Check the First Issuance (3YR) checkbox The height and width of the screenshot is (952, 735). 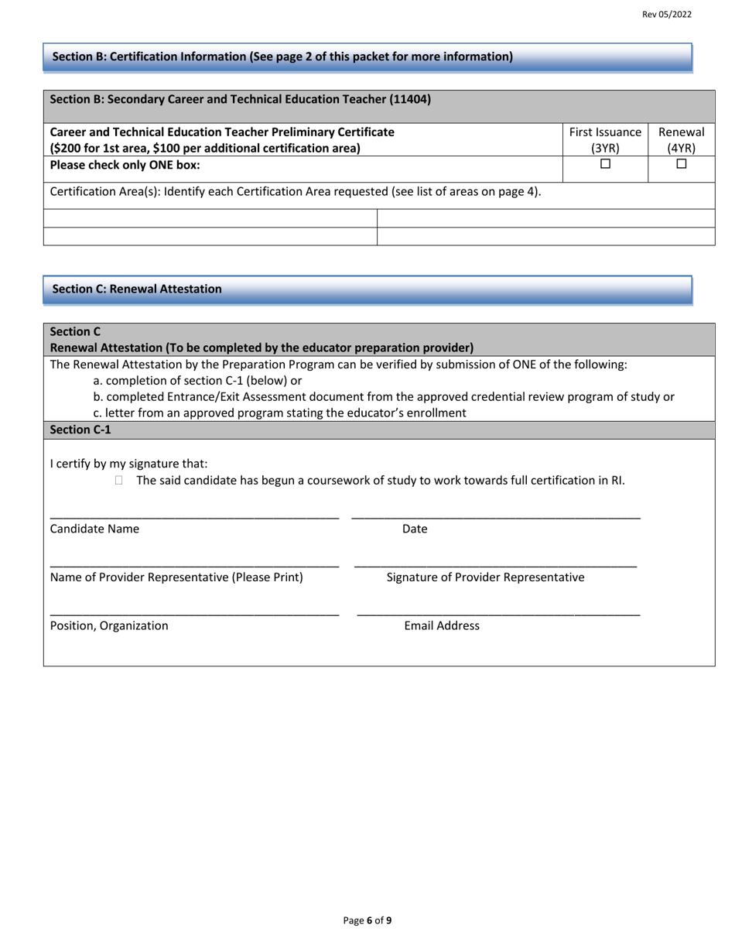click(605, 164)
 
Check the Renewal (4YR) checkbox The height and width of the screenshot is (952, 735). click(681, 164)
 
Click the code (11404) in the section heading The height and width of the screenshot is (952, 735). click(410, 99)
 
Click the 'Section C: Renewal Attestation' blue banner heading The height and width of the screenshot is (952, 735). click(137, 289)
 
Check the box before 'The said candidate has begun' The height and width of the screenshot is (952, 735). click(118, 481)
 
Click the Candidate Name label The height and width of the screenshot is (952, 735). click(94, 529)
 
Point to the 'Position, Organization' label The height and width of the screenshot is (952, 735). click(108, 625)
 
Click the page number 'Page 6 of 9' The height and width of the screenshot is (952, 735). click(367, 920)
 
